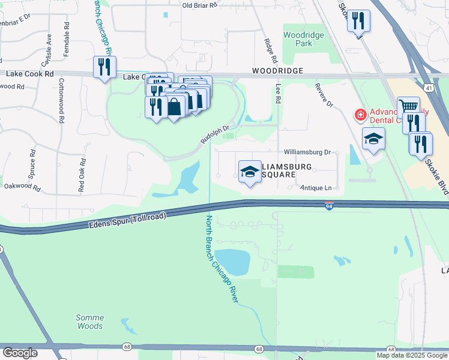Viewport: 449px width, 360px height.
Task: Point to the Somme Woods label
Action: (90, 322)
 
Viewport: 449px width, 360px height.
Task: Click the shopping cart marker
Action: (408, 107)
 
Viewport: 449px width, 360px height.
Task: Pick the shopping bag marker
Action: (174, 107)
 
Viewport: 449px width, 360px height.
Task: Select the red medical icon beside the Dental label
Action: (361, 113)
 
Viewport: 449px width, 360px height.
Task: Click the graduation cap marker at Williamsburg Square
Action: (249, 172)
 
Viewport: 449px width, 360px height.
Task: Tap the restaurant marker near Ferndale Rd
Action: (104, 67)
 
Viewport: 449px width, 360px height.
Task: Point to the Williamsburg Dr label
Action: (307, 152)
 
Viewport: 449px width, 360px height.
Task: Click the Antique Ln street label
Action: (316, 188)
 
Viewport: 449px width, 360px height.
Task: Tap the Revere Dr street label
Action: (324, 95)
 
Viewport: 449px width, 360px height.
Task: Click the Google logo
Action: (20, 353)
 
